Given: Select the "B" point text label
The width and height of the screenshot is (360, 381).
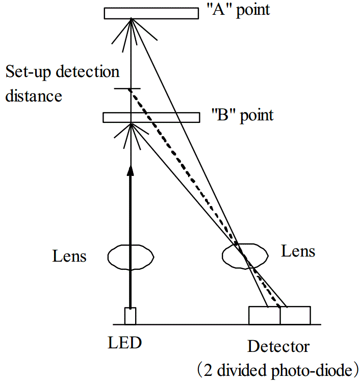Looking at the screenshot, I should coord(242,115).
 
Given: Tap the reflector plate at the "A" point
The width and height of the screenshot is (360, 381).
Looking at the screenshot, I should coord(151,13).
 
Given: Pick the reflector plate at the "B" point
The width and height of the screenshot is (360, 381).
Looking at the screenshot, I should coord(151,117).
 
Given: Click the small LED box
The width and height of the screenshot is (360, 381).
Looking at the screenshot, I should coord(131,316).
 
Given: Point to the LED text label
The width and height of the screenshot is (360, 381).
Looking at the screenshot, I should coord(124,343).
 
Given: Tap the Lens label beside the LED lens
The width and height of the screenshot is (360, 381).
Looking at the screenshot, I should coord(69,256).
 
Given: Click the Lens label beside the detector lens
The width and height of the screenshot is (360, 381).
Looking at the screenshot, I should coord(298,251).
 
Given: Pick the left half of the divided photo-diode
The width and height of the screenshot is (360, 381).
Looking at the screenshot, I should coord(264,315).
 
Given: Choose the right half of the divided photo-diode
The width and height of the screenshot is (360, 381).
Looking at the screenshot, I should coord(295,315).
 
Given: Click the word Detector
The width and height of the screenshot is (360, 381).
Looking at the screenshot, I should coord(278,347).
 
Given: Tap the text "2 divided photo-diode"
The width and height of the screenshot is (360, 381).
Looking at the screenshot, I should coord(278,369).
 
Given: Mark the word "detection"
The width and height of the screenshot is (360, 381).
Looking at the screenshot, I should coord(87,72).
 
